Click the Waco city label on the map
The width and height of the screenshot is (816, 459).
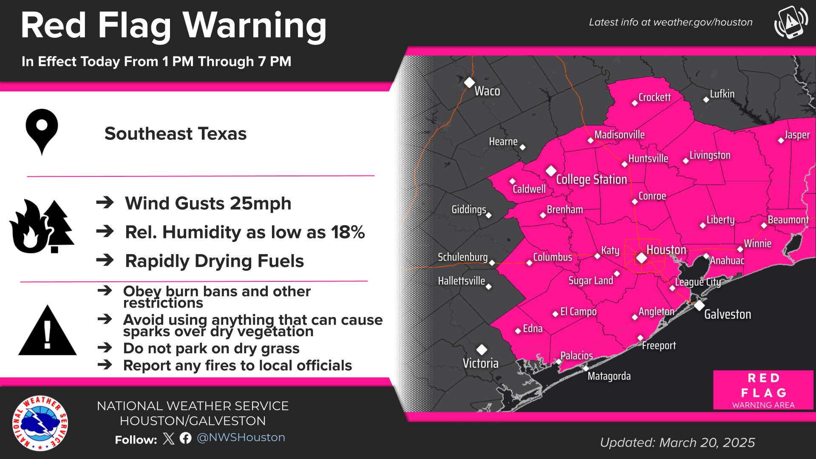coord(487,91)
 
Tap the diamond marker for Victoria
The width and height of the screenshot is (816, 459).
coord(482,349)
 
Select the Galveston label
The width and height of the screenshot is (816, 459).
coord(727,314)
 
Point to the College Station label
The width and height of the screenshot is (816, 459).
coord(591,179)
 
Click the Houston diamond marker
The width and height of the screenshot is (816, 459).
coord(641,258)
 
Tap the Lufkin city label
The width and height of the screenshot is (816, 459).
coord(722,94)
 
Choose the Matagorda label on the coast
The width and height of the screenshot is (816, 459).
coord(609,376)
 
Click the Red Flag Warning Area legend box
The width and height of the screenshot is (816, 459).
coord(763,390)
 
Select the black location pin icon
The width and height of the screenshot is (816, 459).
coord(42,131)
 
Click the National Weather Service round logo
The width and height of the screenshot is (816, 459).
coord(40,423)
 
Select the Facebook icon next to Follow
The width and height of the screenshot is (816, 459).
coord(185,438)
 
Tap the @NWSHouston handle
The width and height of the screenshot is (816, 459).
coord(241,437)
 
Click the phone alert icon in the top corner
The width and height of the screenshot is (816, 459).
coord(790,22)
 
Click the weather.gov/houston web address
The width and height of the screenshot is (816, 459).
coord(703,22)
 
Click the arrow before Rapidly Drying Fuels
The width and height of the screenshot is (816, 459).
coord(105,260)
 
